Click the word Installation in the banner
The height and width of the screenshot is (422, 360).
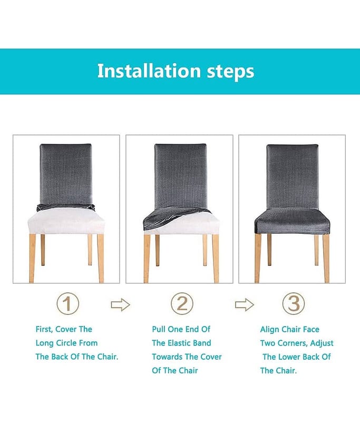[149, 71]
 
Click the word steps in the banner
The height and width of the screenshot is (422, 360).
[230, 72]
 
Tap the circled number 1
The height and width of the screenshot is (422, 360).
[68, 304]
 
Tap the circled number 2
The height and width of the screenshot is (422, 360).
[182, 304]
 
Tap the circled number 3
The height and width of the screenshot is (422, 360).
[294, 304]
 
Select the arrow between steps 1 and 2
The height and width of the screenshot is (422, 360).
[121, 305]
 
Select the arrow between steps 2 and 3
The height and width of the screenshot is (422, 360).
[245, 305]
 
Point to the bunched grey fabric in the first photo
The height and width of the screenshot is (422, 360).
[66, 207]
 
